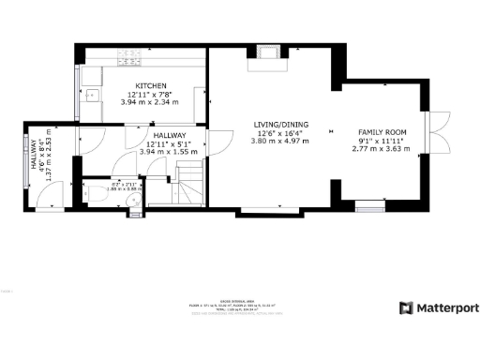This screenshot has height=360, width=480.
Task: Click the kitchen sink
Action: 91,94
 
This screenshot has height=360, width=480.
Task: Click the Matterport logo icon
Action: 405,307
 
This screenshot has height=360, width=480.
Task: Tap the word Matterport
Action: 446,307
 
